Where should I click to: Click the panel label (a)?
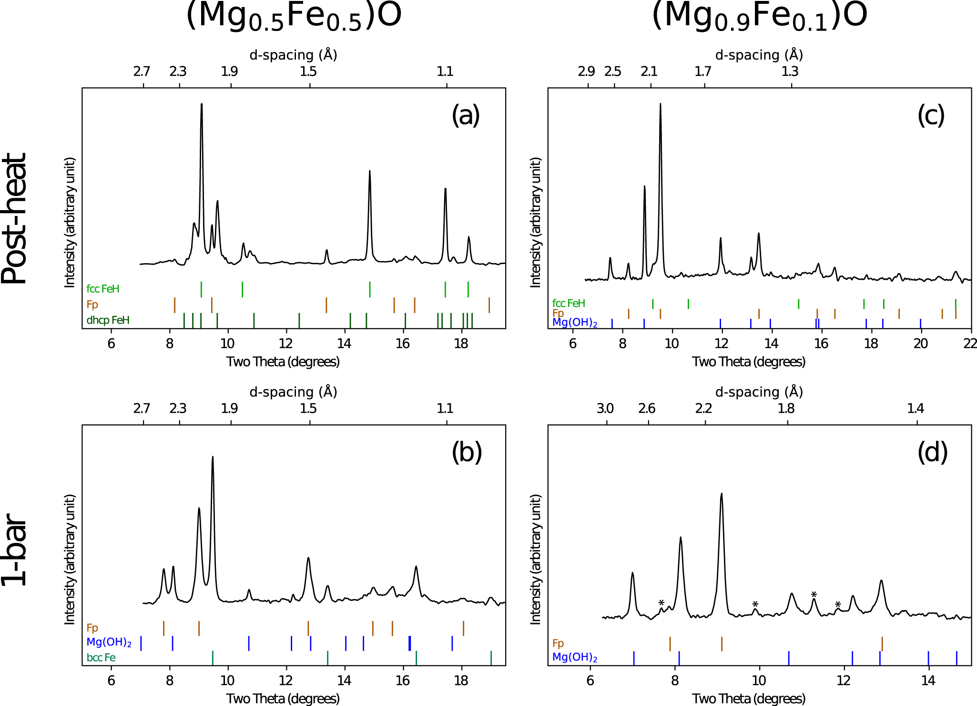466,115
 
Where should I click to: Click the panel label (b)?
467,452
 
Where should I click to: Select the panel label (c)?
931,115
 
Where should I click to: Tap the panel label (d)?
932,452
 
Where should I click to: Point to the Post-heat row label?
14,219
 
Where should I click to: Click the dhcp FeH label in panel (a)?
108,320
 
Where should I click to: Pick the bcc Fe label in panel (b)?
101,657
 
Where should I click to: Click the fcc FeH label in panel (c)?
569,303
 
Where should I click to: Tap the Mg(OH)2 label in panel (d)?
575,657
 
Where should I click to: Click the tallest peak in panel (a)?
202,104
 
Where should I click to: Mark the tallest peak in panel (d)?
722,494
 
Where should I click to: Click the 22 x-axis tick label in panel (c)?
970,343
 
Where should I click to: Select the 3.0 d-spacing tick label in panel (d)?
605,409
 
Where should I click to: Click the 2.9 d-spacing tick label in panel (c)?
586,72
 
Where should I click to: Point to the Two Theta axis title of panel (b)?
283,698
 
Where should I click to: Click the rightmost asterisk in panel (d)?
838,605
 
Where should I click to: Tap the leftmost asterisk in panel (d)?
662,603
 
